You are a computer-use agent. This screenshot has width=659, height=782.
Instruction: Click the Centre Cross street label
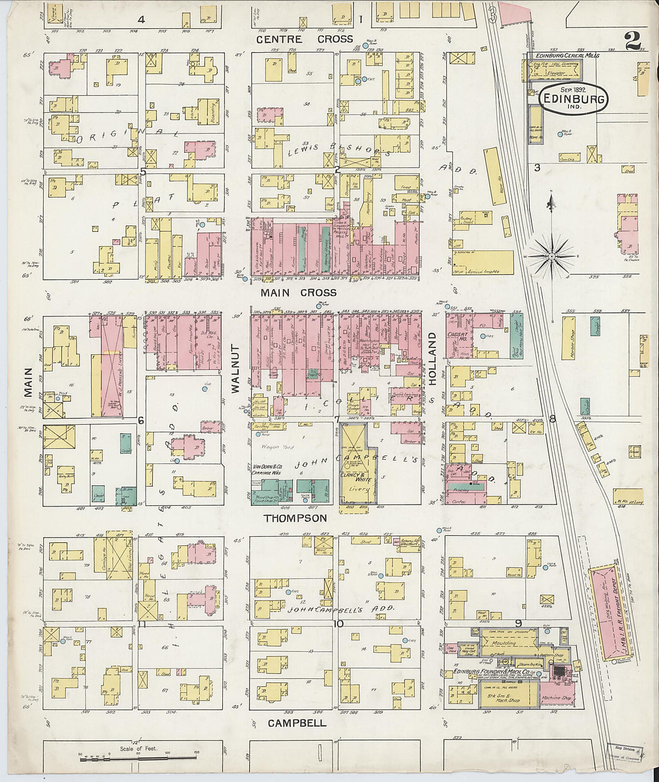[x=304, y=40]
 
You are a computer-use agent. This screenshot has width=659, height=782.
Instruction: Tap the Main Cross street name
[x=298, y=293]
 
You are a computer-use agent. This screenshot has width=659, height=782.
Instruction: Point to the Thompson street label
[x=296, y=518]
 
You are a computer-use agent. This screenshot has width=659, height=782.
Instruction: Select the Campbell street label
[x=297, y=723]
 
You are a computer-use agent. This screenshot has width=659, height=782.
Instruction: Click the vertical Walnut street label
[x=235, y=369]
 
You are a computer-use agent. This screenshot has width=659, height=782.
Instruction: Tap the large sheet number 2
[x=632, y=41]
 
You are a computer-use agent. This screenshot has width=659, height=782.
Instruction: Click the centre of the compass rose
[x=551, y=256]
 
